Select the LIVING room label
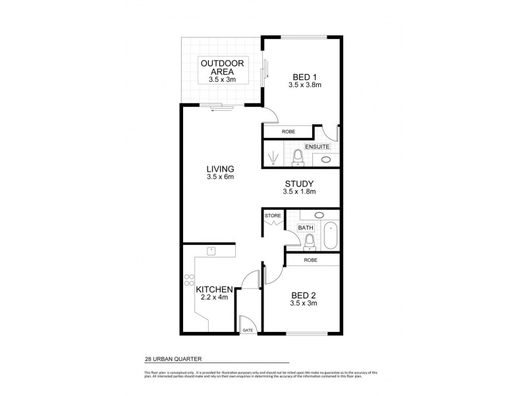pos(220,169)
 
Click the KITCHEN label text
pos(214,289)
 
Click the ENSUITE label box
pos(316,146)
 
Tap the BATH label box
pos(305,228)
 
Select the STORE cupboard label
pos(273,216)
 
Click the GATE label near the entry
pos(248,329)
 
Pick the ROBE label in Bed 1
pos(289,132)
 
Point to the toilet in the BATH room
pos(309,242)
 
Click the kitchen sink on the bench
pos(211,250)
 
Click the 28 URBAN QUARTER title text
pos(173,359)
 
